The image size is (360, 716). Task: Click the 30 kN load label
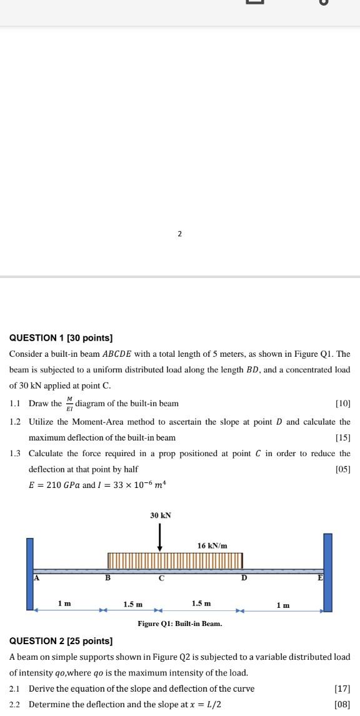point(161,515)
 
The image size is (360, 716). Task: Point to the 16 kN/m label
point(212,545)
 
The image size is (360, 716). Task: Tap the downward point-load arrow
point(161,537)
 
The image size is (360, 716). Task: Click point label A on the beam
point(36,577)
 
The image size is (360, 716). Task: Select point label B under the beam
point(107,578)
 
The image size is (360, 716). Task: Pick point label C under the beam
point(161,579)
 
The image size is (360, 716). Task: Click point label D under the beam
point(244,578)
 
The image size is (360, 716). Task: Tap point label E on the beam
point(320,577)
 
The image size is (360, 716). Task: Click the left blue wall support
point(30,572)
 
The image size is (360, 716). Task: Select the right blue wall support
point(327,572)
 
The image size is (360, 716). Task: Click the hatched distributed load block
point(175,560)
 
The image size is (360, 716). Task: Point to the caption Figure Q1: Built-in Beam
point(180,624)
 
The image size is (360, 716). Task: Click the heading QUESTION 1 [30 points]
point(61,338)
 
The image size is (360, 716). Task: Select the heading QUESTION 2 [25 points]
point(61,641)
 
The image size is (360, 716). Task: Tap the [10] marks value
point(342,404)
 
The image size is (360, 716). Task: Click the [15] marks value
point(342,437)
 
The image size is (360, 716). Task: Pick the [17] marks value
point(342,689)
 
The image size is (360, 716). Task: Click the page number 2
point(179,234)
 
